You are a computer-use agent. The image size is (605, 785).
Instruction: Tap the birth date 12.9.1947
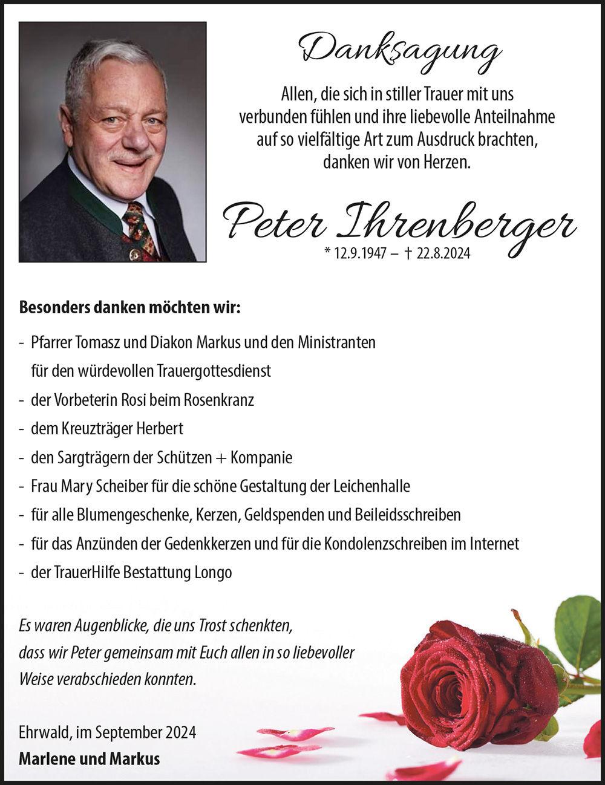(359, 254)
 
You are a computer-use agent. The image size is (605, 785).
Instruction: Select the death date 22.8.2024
(443, 254)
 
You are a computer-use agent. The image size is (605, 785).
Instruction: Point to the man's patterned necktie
(140, 230)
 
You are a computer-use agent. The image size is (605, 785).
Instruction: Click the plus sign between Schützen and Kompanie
(221, 458)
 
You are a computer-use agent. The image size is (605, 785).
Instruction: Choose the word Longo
(212, 573)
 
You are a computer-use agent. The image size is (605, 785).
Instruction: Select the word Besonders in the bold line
(54, 307)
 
